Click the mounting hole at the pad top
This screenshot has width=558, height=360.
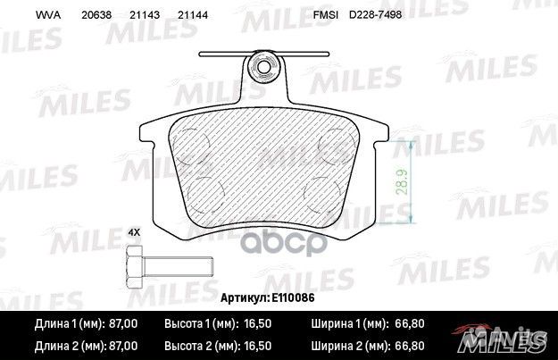click(x=264, y=65)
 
